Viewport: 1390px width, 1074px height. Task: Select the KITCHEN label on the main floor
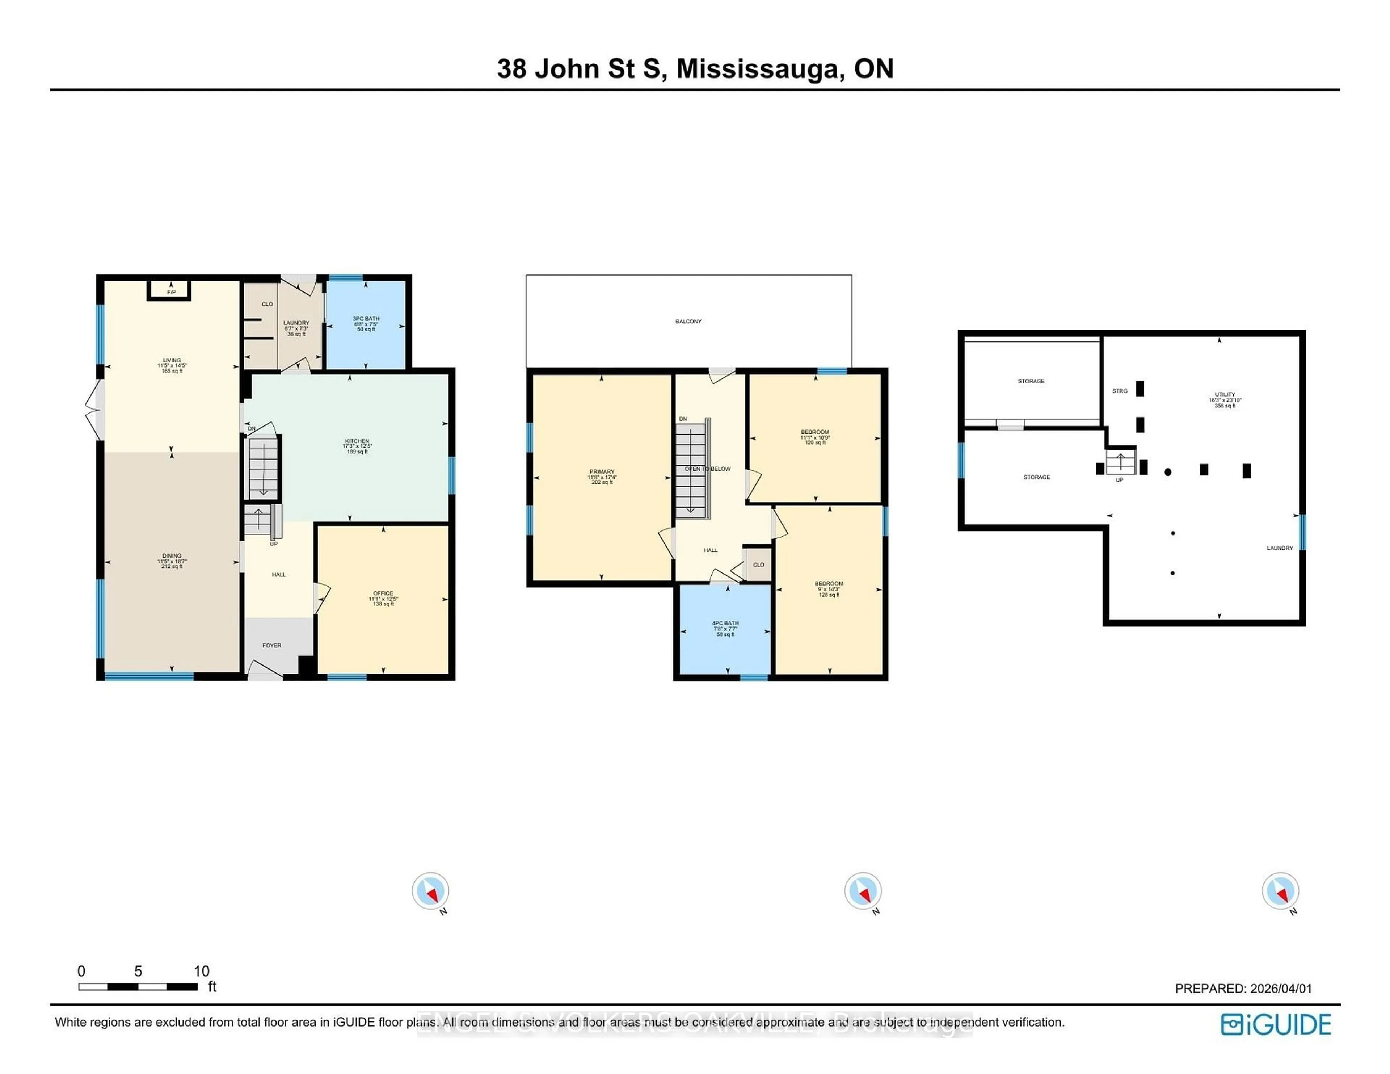(357, 441)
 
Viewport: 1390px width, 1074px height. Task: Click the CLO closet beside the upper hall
(758, 565)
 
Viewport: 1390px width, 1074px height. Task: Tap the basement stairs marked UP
(1120, 463)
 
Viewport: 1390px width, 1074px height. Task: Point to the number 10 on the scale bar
(201, 971)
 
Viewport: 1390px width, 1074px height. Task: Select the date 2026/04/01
(1281, 989)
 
